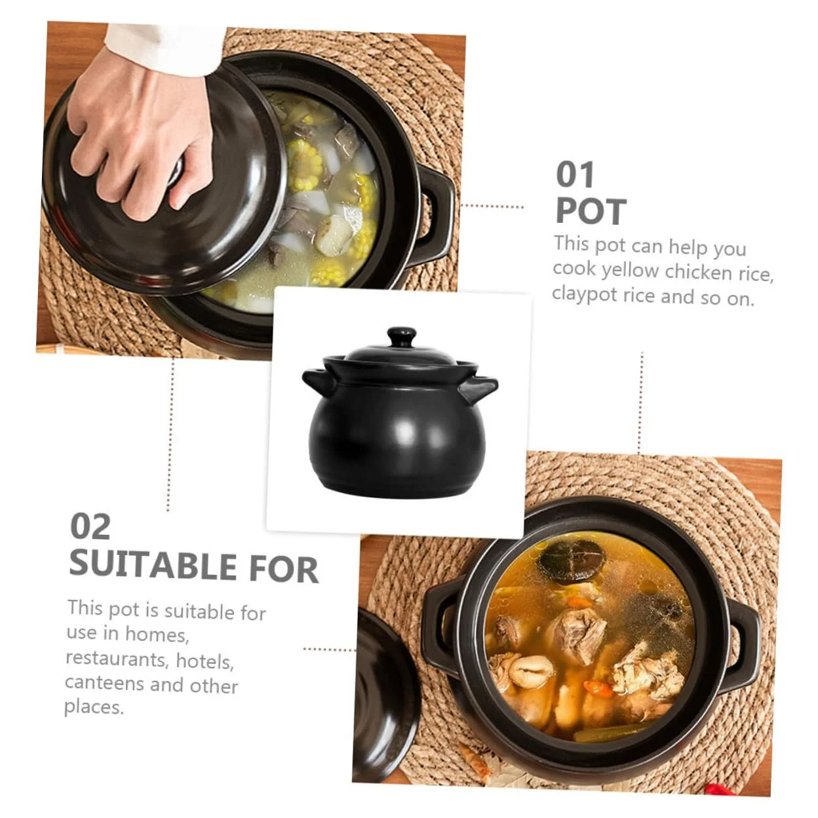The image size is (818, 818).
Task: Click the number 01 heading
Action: click(x=575, y=174)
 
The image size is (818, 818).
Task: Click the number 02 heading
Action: click(x=90, y=526)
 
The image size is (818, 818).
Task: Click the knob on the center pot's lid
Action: click(x=400, y=337)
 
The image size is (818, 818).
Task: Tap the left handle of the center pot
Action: click(x=317, y=382)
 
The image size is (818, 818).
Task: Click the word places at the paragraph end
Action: click(x=94, y=708)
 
